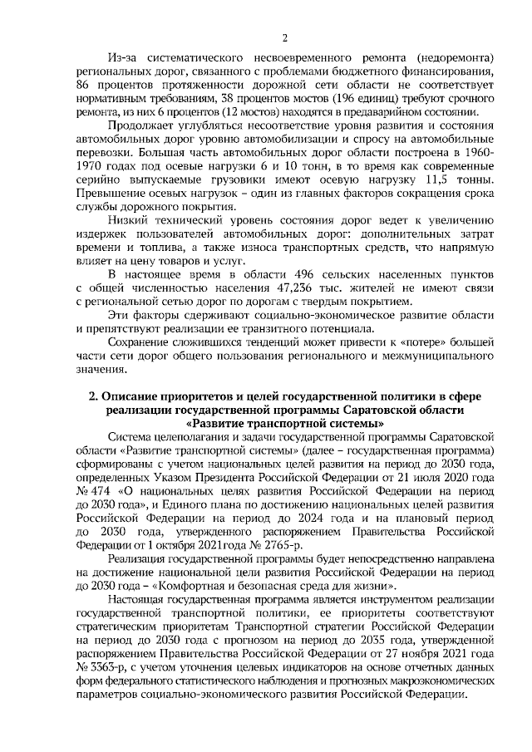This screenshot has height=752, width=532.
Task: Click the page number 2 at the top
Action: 285,37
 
